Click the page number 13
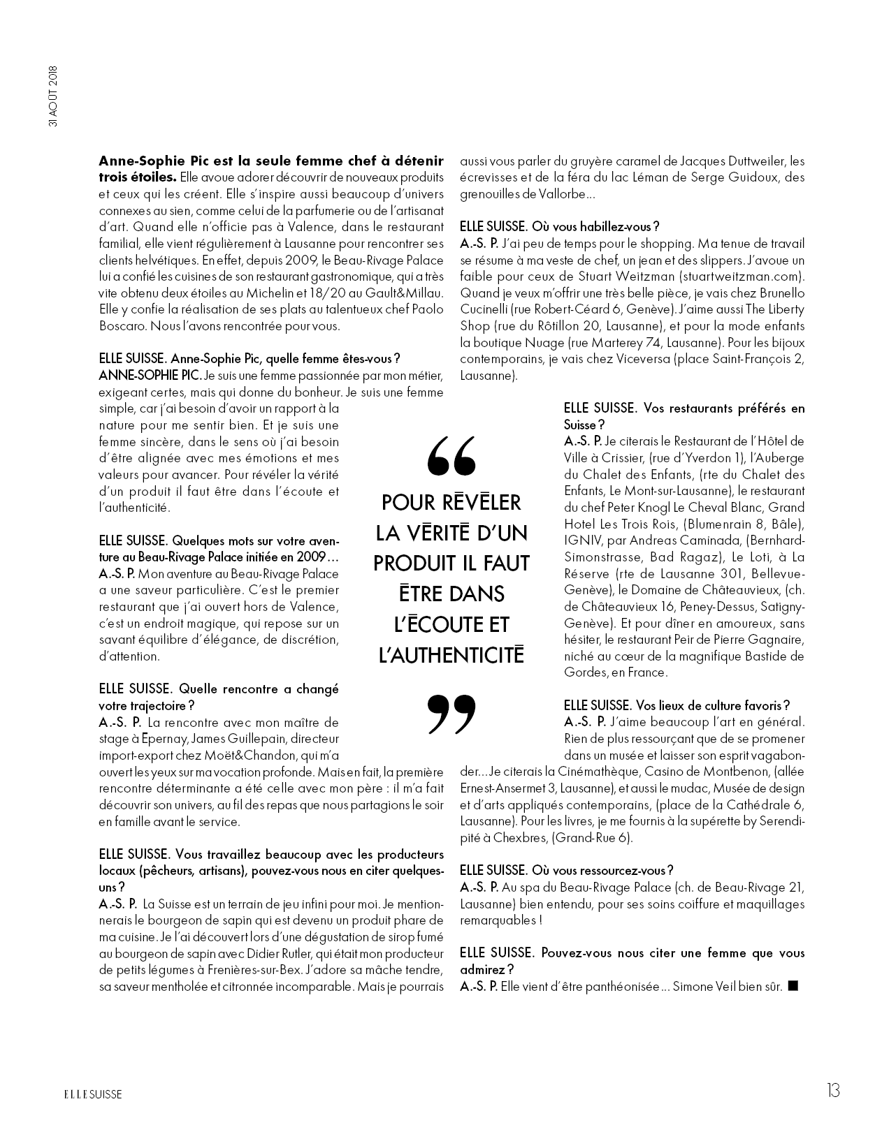pos(832,1091)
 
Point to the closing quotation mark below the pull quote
pos(451,714)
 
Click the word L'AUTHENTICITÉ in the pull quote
pos(451,655)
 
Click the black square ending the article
pos(793,986)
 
